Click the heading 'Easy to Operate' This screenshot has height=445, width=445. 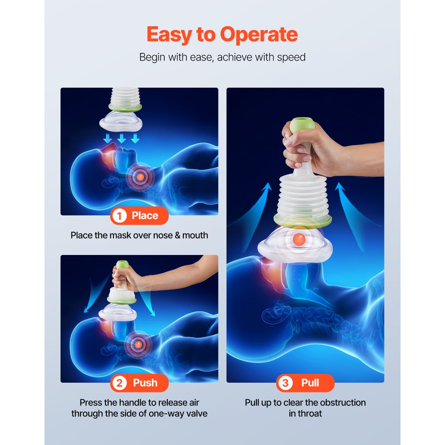pyautogui.click(x=222, y=35)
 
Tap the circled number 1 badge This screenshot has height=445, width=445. pyautogui.click(x=119, y=216)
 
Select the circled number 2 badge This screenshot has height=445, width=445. pyautogui.click(x=119, y=383)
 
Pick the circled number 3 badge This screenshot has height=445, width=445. pyautogui.click(x=285, y=383)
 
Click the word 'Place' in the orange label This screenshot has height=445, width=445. pyautogui.click(x=145, y=216)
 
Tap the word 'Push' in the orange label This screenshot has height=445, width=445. pyautogui.click(x=145, y=383)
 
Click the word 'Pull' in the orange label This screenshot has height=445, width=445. pyautogui.click(x=310, y=383)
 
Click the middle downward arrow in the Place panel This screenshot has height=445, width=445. pyautogui.click(x=121, y=139)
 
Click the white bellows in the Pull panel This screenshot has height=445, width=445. pyautogui.click(x=303, y=196)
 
